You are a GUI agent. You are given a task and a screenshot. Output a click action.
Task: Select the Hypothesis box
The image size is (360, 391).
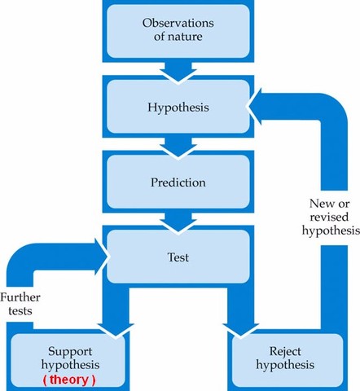tap(178, 107)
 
